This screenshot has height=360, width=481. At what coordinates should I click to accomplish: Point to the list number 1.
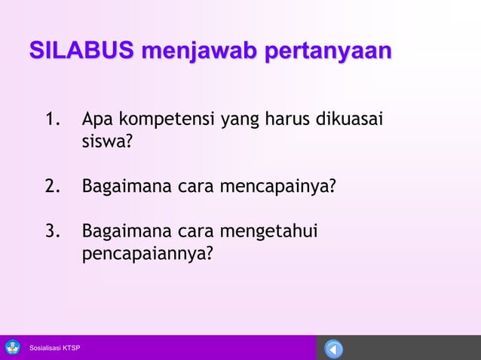coord(53,120)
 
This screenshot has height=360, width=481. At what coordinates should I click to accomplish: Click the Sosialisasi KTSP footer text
coord(54,348)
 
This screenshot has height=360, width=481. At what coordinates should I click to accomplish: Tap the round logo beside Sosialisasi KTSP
coord(13,347)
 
